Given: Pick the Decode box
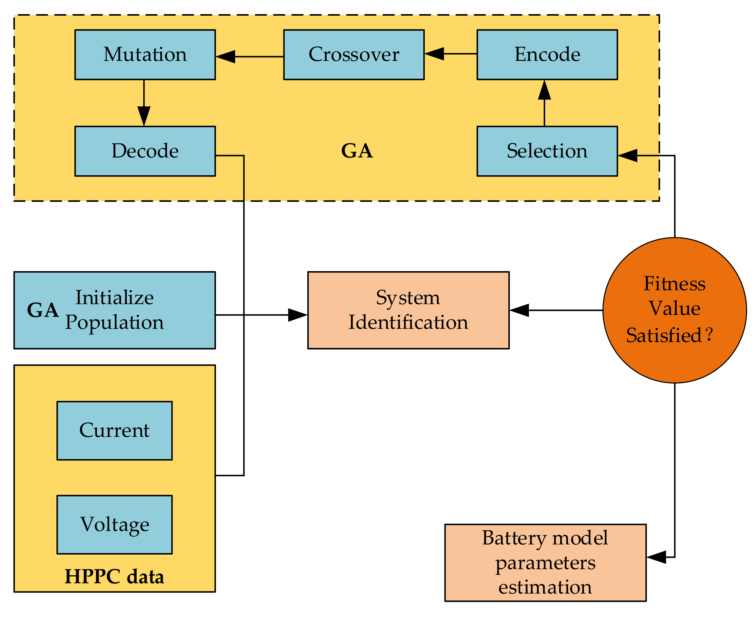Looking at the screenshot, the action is pyautogui.click(x=145, y=151).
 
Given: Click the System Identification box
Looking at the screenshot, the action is pyautogui.click(x=408, y=310).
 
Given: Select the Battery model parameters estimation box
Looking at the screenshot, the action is pyautogui.click(x=545, y=563).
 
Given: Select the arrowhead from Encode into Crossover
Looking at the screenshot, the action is pyautogui.click(x=434, y=54).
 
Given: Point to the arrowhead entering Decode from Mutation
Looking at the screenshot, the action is pyautogui.click(x=144, y=116).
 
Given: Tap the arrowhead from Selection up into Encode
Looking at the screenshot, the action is pyautogui.click(x=545, y=89).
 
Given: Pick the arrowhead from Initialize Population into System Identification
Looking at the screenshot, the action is pyautogui.click(x=298, y=315).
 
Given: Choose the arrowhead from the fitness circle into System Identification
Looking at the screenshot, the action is pyautogui.click(x=519, y=310).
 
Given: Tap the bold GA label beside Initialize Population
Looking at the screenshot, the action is pyautogui.click(x=43, y=310).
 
